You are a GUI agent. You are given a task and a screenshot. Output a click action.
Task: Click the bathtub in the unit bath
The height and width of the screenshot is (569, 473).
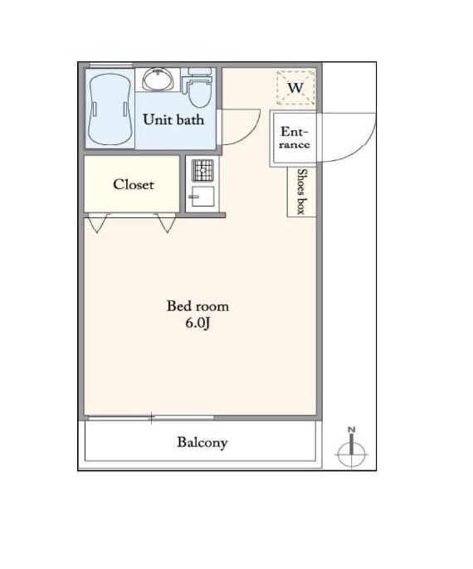[110, 109]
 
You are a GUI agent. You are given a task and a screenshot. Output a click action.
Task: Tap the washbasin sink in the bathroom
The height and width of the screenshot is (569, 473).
[158, 79]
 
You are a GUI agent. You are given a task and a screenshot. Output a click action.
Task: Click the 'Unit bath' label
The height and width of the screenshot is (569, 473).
[173, 119]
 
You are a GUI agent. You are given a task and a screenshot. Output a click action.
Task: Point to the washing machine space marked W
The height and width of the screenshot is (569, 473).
[295, 87]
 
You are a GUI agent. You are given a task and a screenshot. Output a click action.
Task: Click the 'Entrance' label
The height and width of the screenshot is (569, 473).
[295, 138]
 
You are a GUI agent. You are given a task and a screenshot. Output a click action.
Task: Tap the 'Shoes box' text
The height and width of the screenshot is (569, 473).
[302, 192]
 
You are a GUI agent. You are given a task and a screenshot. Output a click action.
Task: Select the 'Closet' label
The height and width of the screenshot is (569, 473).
[134, 184]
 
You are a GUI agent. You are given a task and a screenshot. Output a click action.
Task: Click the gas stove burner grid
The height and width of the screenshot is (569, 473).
[202, 170]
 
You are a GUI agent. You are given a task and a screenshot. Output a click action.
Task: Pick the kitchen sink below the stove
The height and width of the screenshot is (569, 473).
[202, 197]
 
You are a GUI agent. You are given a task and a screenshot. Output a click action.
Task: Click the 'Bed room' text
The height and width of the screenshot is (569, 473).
[197, 306]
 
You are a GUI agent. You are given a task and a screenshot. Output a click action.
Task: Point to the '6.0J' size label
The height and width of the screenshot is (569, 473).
[197, 323]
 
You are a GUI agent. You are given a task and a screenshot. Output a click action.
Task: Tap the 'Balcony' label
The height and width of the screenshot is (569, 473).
[202, 442]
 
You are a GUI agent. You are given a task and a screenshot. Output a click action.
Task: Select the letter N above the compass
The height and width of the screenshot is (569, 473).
[351, 430]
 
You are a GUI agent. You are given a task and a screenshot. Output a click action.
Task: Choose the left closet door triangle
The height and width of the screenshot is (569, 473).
[98, 223]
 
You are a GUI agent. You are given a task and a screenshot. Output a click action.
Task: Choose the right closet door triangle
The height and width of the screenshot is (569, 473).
[167, 223]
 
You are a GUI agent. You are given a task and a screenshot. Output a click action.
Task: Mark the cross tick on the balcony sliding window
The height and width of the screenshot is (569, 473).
[151, 418]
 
